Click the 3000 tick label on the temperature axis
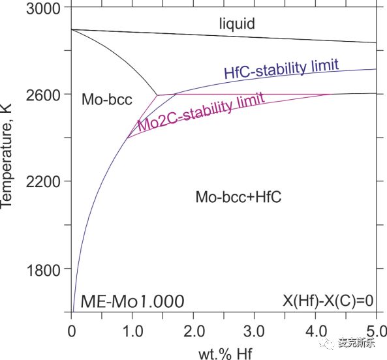pos(43,8)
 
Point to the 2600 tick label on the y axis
pos(43,95)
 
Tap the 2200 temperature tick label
pos(43,182)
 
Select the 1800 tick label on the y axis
pos(43,270)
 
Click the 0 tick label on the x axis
pos(72,331)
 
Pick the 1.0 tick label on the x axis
pos(132,331)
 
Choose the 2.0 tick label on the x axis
pos(194,331)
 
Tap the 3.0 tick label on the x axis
pos(255,331)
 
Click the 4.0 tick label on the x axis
pos(316,331)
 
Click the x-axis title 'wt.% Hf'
pos(225,354)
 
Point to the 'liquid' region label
pos(237,23)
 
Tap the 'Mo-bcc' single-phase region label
pos(107,99)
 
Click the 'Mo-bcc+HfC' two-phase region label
pos(238,197)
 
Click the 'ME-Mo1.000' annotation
pos(132,301)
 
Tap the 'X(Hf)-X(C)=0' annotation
pos(328,301)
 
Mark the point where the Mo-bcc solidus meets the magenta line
pos(157,95)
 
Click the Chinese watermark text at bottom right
pos(356,342)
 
